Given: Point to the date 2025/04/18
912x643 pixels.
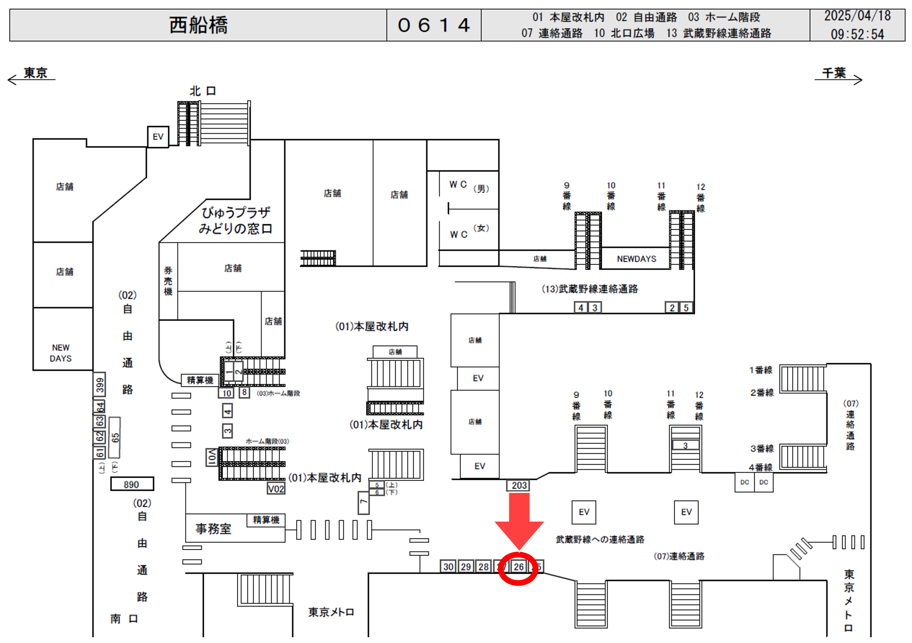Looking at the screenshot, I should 857,16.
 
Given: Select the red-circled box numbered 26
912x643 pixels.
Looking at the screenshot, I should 518,567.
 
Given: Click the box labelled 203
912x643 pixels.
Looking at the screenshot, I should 519,485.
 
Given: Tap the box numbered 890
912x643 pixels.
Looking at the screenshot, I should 132,484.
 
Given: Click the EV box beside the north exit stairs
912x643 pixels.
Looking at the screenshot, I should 158,137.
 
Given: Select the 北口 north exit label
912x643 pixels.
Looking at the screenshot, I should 203,91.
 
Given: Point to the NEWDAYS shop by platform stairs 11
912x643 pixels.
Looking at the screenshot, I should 636,259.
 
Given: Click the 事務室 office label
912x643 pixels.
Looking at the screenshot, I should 213,529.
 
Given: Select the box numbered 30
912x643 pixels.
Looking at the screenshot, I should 448,567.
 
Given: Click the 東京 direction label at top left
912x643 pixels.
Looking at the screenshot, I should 35,73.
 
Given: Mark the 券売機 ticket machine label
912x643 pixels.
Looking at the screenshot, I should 168,281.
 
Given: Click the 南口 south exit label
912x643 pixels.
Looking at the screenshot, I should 124,618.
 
